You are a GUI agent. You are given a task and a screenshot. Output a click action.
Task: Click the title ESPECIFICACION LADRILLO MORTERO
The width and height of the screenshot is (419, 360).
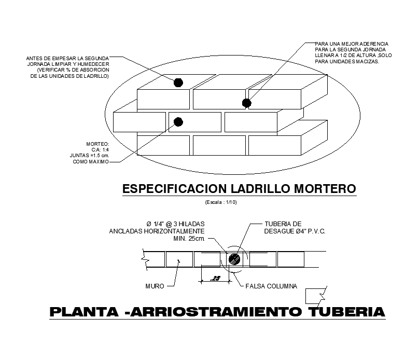(239, 188)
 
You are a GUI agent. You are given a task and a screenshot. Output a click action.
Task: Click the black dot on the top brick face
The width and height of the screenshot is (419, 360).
(178, 82)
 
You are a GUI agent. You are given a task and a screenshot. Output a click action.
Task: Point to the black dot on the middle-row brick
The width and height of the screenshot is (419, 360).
(178, 122)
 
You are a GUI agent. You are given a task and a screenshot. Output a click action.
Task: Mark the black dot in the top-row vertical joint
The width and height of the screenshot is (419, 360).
(247, 103)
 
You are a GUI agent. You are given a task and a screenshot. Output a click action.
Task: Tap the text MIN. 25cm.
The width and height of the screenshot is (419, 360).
(189, 239)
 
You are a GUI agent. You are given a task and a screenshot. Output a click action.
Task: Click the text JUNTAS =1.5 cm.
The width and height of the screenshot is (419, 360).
(89, 155)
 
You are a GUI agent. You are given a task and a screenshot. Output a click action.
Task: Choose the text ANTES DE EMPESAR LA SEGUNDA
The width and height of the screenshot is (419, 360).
(67, 58)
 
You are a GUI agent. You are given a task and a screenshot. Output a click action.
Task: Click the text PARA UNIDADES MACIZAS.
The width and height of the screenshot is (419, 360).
(347, 62)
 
